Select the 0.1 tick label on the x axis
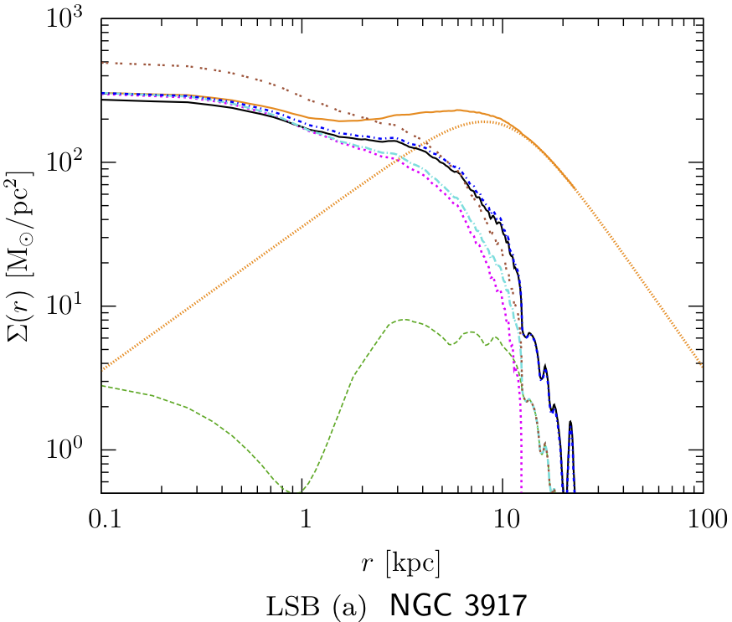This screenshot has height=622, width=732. pos(102,521)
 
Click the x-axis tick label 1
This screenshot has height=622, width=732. pos(303,521)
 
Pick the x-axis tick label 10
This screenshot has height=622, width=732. pos(503,521)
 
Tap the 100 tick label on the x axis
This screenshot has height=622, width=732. pos(702,521)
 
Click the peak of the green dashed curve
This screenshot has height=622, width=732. pos(405,320)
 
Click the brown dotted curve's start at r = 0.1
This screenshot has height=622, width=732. pos(102,62)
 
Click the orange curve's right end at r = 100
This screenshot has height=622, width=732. pos(702,365)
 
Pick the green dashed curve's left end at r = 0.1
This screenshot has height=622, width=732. pos(102,386)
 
